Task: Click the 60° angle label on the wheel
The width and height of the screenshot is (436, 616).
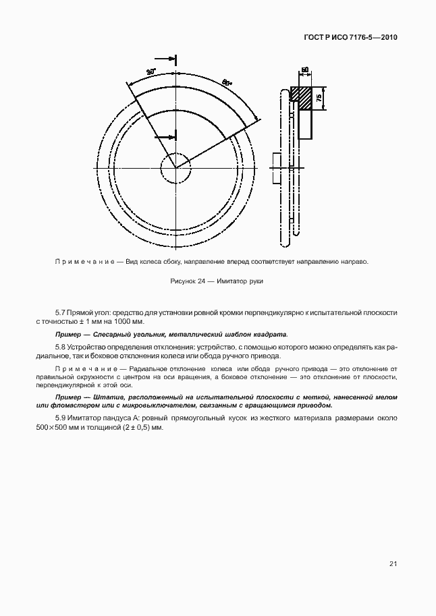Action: [x=227, y=82]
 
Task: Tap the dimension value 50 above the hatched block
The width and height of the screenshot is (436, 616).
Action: [x=305, y=69]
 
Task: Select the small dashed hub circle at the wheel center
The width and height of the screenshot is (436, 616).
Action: [x=175, y=167]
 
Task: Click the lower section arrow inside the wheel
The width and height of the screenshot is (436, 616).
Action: [x=165, y=137]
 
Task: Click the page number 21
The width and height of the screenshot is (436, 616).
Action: [x=393, y=563]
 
